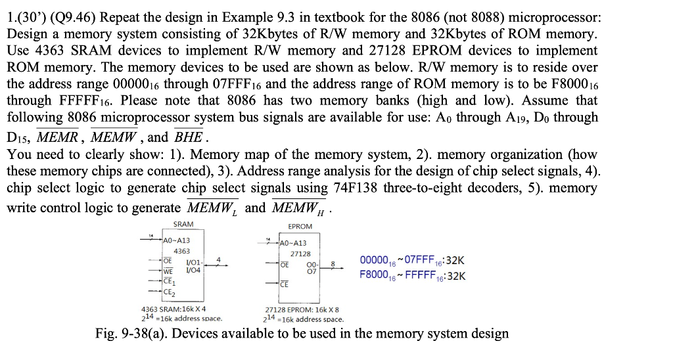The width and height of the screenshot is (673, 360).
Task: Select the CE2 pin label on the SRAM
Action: click(x=169, y=292)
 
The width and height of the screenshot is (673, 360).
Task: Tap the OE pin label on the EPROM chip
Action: click(x=284, y=265)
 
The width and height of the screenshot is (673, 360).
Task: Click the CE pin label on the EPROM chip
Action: click(x=284, y=284)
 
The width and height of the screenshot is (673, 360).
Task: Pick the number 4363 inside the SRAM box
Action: click(x=181, y=251)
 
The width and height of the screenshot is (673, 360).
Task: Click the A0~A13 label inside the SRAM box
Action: click(x=177, y=240)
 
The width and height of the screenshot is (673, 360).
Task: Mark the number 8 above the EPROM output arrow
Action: click(x=333, y=261)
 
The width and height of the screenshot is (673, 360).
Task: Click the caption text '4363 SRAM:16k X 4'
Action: click(x=174, y=309)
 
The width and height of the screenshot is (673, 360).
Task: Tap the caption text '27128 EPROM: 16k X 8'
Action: click(x=301, y=309)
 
